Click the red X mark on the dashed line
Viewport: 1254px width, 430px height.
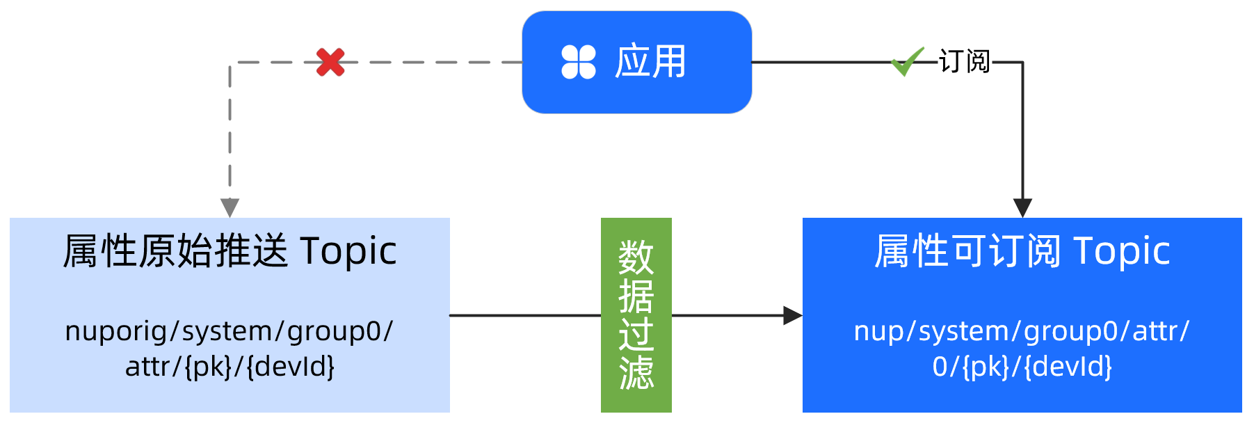click(x=330, y=62)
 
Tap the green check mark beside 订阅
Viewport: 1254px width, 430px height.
click(x=907, y=61)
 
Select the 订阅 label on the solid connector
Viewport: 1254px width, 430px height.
click(x=964, y=61)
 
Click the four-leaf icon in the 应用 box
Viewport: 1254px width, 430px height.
click(x=579, y=62)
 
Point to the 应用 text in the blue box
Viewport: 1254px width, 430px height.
click(x=650, y=62)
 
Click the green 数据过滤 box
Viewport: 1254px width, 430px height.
click(x=636, y=314)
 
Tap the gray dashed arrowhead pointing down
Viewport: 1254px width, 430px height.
click(x=230, y=207)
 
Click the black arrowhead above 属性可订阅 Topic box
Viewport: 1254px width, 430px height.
click(x=1022, y=207)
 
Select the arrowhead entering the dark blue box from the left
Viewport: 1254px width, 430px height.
click(x=792, y=315)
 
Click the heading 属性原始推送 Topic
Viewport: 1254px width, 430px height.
click(x=230, y=251)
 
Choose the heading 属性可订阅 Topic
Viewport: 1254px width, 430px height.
click(x=1022, y=251)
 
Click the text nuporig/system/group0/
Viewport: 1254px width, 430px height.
click(x=229, y=331)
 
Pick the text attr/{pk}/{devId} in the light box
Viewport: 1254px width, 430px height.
click(x=230, y=367)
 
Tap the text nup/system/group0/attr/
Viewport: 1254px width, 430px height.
click(x=1022, y=331)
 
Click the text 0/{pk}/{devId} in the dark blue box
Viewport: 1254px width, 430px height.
click(x=1022, y=367)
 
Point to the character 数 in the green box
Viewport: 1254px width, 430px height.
click(x=636, y=257)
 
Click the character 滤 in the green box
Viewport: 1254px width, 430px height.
click(x=636, y=372)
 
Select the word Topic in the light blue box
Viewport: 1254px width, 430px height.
click(x=348, y=251)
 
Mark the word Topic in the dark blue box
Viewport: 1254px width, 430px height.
click(x=1122, y=251)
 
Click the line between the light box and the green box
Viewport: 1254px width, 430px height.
click(x=525, y=315)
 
